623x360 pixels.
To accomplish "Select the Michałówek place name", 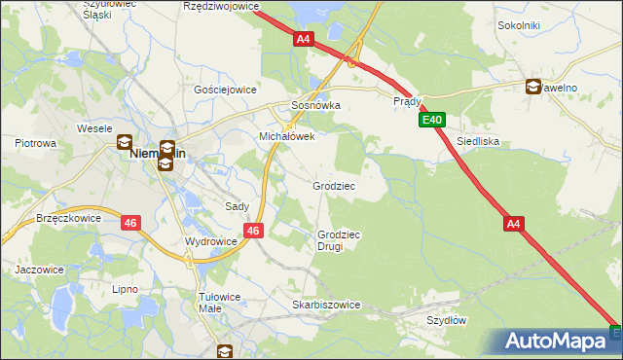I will (x=286, y=137).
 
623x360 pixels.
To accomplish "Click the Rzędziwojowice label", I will (x=221, y=6).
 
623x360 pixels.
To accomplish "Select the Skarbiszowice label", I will (x=326, y=305).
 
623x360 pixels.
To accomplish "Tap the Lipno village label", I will (x=125, y=289).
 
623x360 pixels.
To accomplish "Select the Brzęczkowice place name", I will (x=69, y=219).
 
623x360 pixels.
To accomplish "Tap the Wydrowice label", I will (x=210, y=241).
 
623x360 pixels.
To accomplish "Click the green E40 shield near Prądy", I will (x=433, y=121).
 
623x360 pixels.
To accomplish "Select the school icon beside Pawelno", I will (x=533, y=87).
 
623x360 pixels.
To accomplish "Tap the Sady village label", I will (x=238, y=206).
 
